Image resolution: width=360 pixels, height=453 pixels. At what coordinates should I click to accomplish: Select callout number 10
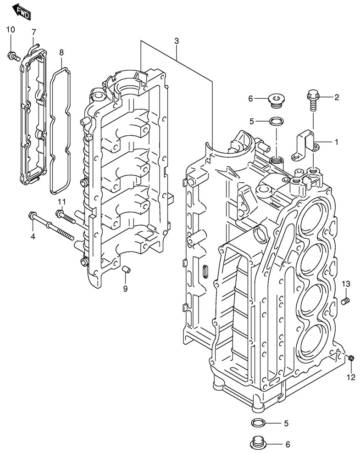pos(10,30)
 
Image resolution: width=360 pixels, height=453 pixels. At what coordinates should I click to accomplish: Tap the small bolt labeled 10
pos(12,56)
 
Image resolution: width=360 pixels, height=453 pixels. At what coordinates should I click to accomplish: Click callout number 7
pos(33,31)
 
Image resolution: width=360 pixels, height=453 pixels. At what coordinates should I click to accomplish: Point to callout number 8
pos(61,52)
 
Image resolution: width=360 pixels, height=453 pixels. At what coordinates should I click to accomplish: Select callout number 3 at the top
pos(177,41)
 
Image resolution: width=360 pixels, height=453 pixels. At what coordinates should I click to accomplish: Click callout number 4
pos(33,236)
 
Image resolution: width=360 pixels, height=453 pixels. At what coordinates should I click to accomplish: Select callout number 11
pos(62,201)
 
